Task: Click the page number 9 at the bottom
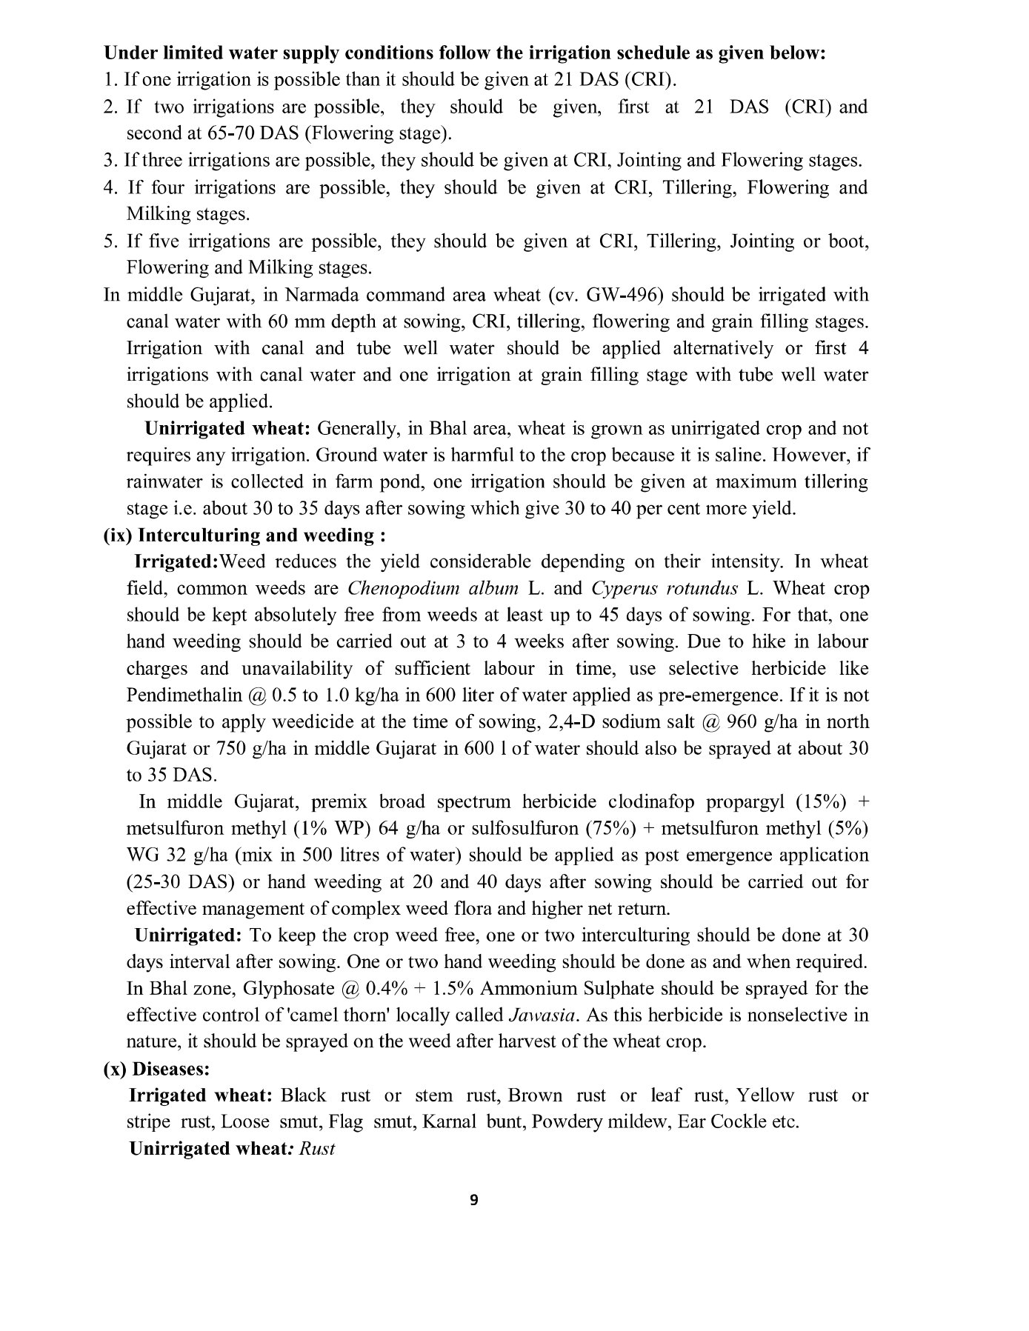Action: [474, 1201]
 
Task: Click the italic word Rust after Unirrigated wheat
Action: [317, 1149]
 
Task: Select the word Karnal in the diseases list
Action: [450, 1122]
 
